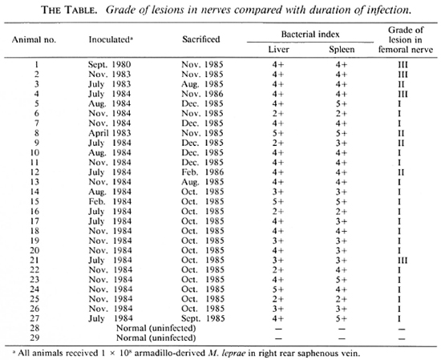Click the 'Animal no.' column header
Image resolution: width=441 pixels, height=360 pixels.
click(x=34, y=39)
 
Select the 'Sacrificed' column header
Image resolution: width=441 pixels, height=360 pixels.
click(x=201, y=39)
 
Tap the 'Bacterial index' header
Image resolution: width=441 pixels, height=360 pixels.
click(x=310, y=34)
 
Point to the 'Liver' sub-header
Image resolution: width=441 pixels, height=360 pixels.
click(x=278, y=50)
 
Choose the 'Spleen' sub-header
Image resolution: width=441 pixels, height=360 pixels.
click(x=342, y=50)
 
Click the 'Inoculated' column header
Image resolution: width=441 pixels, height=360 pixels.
click(x=111, y=39)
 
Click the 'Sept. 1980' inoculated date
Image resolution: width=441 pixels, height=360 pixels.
click(x=109, y=65)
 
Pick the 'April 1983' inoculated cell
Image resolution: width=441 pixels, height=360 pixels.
click(x=110, y=133)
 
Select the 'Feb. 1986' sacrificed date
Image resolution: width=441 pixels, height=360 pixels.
click(x=203, y=172)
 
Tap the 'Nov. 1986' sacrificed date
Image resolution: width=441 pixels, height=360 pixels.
click(x=202, y=94)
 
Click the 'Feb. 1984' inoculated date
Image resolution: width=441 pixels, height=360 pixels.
click(x=110, y=202)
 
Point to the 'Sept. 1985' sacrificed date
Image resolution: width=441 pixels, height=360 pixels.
click(x=203, y=318)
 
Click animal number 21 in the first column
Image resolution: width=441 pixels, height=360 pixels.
click(x=34, y=260)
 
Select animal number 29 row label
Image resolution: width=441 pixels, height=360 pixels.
click(x=34, y=338)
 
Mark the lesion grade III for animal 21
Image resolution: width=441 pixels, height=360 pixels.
click(x=403, y=261)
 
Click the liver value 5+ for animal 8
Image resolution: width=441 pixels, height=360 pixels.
click(x=278, y=133)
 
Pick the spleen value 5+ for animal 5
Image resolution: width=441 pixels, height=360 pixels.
click(x=342, y=104)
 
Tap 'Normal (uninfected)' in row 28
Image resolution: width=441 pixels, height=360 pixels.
click(x=156, y=329)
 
